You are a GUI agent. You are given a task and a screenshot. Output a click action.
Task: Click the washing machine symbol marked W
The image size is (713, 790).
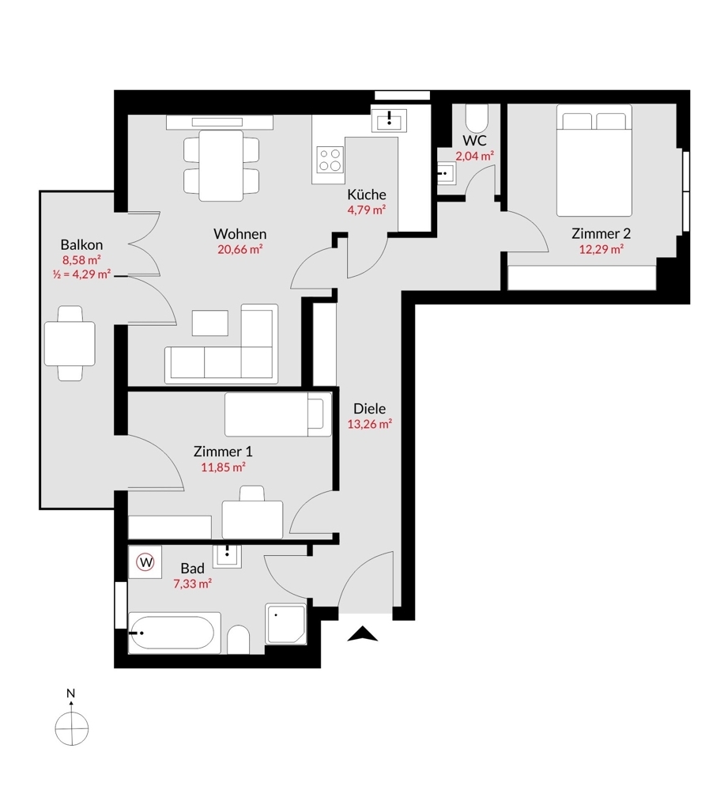pyautogui.click(x=145, y=561)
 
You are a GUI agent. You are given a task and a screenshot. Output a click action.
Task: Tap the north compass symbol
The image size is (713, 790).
pyautogui.click(x=71, y=724)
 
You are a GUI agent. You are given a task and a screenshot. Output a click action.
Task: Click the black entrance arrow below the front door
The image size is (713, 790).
pyautogui.click(x=363, y=633)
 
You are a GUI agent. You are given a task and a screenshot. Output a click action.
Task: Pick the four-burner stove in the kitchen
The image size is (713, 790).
pyautogui.click(x=330, y=160)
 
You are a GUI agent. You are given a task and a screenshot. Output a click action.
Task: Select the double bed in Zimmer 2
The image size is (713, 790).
pyautogui.click(x=595, y=164)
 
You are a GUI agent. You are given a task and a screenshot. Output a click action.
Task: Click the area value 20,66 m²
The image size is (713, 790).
pyautogui.click(x=240, y=248)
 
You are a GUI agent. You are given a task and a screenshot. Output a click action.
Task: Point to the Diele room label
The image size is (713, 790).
pyautogui.click(x=369, y=409)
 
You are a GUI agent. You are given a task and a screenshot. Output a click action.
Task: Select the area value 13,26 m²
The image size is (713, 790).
pyautogui.click(x=370, y=424)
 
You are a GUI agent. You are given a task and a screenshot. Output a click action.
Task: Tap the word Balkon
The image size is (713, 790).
pyautogui.click(x=81, y=245)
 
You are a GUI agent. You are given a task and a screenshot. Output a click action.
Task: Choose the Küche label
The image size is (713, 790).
pyautogui.click(x=367, y=195)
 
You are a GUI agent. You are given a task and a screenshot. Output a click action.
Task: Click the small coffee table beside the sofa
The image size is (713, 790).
pyautogui.click(x=210, y=322)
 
